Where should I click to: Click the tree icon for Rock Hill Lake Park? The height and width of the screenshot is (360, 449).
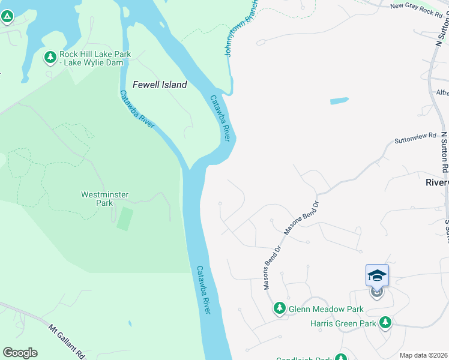coord(50,58)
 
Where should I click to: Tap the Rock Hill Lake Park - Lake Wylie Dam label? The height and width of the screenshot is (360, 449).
coord(95,58)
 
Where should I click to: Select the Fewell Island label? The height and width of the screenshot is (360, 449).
coord(160,85)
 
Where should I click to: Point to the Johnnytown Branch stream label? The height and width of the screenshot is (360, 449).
coord(243,28)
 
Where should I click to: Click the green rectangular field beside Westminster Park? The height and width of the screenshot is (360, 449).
coord(124,218)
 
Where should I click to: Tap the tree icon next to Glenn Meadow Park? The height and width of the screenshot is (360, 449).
coord(279,308)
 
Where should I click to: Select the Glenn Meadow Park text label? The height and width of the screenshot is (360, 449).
coord(326,309)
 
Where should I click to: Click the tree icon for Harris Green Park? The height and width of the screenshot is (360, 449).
coord(385,323)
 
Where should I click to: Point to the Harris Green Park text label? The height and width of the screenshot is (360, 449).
coord(343,323)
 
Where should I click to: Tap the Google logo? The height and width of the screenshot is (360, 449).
coord(20,352)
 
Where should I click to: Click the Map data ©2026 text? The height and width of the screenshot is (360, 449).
coord(423,355)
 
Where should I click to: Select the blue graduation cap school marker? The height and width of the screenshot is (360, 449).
coord(377,275)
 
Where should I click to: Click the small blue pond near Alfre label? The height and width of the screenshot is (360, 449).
coord(339,101)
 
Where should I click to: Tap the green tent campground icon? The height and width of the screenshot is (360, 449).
coord(7,16)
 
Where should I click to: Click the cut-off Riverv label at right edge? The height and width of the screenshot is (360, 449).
coord(437,182)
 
